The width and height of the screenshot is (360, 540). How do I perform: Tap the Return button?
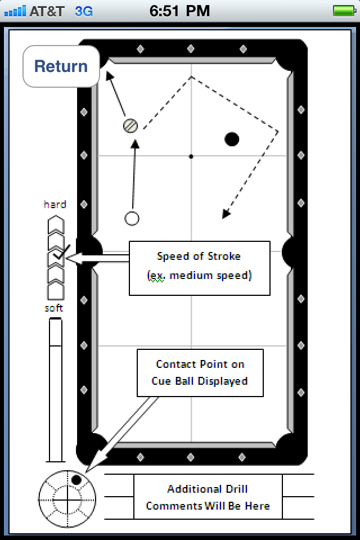61,66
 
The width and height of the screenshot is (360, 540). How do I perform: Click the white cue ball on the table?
132,218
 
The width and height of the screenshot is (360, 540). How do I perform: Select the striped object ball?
130,125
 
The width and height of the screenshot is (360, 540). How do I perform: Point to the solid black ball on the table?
232,139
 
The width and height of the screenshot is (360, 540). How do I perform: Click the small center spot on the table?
191,156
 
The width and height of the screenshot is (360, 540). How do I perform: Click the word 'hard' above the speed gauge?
55,204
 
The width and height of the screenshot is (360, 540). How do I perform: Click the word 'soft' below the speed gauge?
54,308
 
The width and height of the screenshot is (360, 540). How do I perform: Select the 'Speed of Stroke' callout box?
199,268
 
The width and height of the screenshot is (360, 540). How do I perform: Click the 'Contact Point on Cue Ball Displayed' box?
200,372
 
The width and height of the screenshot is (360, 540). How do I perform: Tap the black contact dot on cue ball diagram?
76,480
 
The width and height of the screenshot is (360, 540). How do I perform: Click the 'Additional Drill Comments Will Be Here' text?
208,497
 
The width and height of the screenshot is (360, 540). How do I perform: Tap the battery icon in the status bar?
343,11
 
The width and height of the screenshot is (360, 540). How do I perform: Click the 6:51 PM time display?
180,11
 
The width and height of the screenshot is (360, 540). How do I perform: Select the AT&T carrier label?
47,11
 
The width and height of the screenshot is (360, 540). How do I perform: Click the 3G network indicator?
84,11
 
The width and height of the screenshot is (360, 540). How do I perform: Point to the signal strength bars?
15,11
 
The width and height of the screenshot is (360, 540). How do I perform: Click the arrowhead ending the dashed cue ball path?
226,214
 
